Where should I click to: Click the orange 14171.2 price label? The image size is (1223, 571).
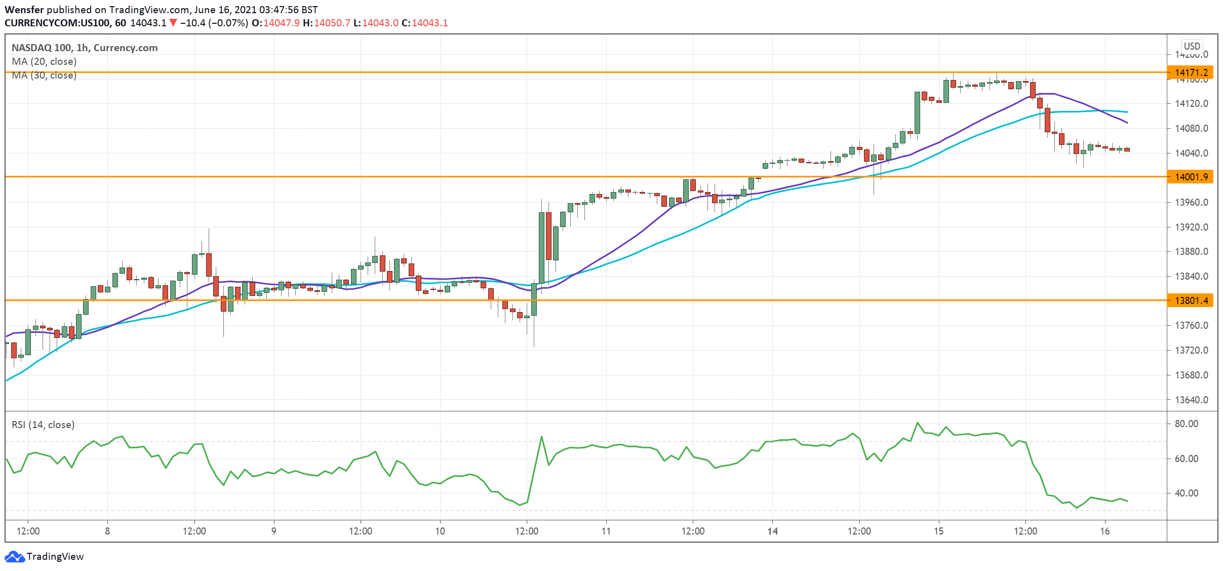coord(1191,73)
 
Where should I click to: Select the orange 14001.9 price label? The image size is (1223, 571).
coord(1191,177)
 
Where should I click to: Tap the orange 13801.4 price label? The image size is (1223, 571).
coord(1191,300)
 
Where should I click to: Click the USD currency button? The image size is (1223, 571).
coord(1192,46)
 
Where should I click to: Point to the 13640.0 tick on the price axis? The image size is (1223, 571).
coord(1191,400)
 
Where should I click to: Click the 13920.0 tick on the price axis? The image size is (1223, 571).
coord(1191,227)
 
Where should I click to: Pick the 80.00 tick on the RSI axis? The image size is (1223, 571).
coord(1186,424)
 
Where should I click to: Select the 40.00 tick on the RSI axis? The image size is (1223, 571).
coord(1186,493)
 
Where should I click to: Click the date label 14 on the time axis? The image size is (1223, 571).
coord(772,531)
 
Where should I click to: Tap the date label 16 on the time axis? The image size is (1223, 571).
coord(1105,531)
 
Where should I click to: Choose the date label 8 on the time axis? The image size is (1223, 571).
coord(107,531)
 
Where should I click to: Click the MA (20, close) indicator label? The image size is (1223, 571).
coord(44,61)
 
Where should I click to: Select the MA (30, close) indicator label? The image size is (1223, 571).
coord(44,75)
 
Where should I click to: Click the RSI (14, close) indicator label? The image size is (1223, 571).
coord(43,425)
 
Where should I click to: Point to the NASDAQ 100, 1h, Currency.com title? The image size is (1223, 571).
coord(85,48)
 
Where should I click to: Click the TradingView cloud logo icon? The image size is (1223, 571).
coord(14,556)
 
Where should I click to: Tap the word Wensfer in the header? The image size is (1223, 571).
coord(24,10)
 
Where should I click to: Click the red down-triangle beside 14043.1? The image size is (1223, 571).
coord(173,23)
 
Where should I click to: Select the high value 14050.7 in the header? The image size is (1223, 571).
coord(332,23)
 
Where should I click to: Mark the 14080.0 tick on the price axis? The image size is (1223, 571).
coord(1191,128)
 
